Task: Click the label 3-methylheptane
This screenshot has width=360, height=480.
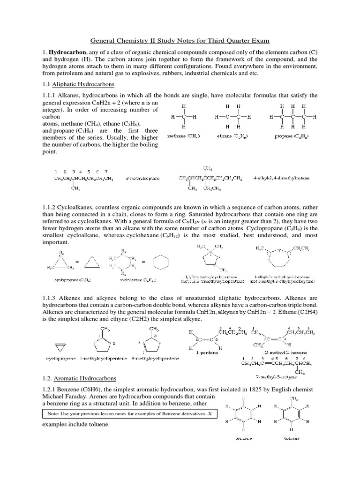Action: click(x=143, y=179)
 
